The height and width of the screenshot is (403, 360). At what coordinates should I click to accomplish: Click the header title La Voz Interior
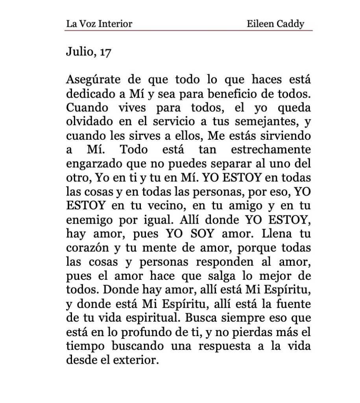click(x=99, y=24)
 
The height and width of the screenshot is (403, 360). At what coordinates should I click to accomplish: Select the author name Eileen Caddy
click(x=275, y=24)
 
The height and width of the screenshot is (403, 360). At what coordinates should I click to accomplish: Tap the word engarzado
click(x=94, y=164)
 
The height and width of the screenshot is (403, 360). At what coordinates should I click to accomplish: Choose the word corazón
click(x=86, y=248)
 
